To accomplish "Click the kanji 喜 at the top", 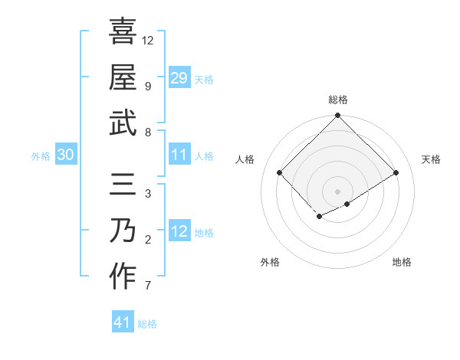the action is point(123,32).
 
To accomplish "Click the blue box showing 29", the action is point(179,78).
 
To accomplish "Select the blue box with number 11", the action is point(179,155).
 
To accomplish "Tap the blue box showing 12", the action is point(179,232).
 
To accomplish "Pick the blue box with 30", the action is point(66,155).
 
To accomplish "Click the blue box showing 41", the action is point(123,322).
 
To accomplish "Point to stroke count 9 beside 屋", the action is point(147,86).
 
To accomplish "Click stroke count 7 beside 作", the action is point(147,286).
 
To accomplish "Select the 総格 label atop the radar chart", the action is point(338,100).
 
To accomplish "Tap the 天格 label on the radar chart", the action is point(432,159).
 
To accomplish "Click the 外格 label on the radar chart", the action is point(270,262).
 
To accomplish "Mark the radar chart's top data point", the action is point(338,116).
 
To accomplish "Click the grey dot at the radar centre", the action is point(338,190).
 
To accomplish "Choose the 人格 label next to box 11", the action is point(204,156).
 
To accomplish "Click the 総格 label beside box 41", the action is point(147,324).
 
